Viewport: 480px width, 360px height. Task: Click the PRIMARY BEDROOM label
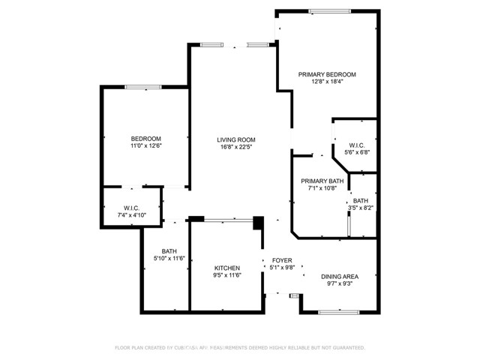[326, 74]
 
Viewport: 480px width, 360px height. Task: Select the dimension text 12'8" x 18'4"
[326, 82]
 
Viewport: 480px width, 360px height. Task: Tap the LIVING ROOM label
[236, 139]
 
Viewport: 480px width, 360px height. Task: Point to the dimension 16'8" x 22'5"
[236, 148]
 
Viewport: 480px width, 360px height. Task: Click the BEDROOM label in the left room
[145, 139]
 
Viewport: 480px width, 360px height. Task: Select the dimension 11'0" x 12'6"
[145, 147]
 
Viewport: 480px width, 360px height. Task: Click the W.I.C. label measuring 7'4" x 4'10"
[133, 207]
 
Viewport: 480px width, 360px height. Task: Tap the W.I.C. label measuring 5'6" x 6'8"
[356, 145]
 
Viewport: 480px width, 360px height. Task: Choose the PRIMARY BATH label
[322, 181]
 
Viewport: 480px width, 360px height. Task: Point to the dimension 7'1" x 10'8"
[322, 190]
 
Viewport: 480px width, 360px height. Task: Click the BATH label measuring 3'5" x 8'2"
[361, 200]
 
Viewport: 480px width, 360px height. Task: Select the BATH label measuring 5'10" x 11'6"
[169, 251]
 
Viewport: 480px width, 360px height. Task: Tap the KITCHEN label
[226, 268]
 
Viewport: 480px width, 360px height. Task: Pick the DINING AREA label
[339, 277]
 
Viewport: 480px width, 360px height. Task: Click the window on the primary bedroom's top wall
[330, 10]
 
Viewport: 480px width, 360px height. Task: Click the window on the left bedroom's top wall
[142, 87]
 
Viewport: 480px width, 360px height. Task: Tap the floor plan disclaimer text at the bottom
[239, 347]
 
